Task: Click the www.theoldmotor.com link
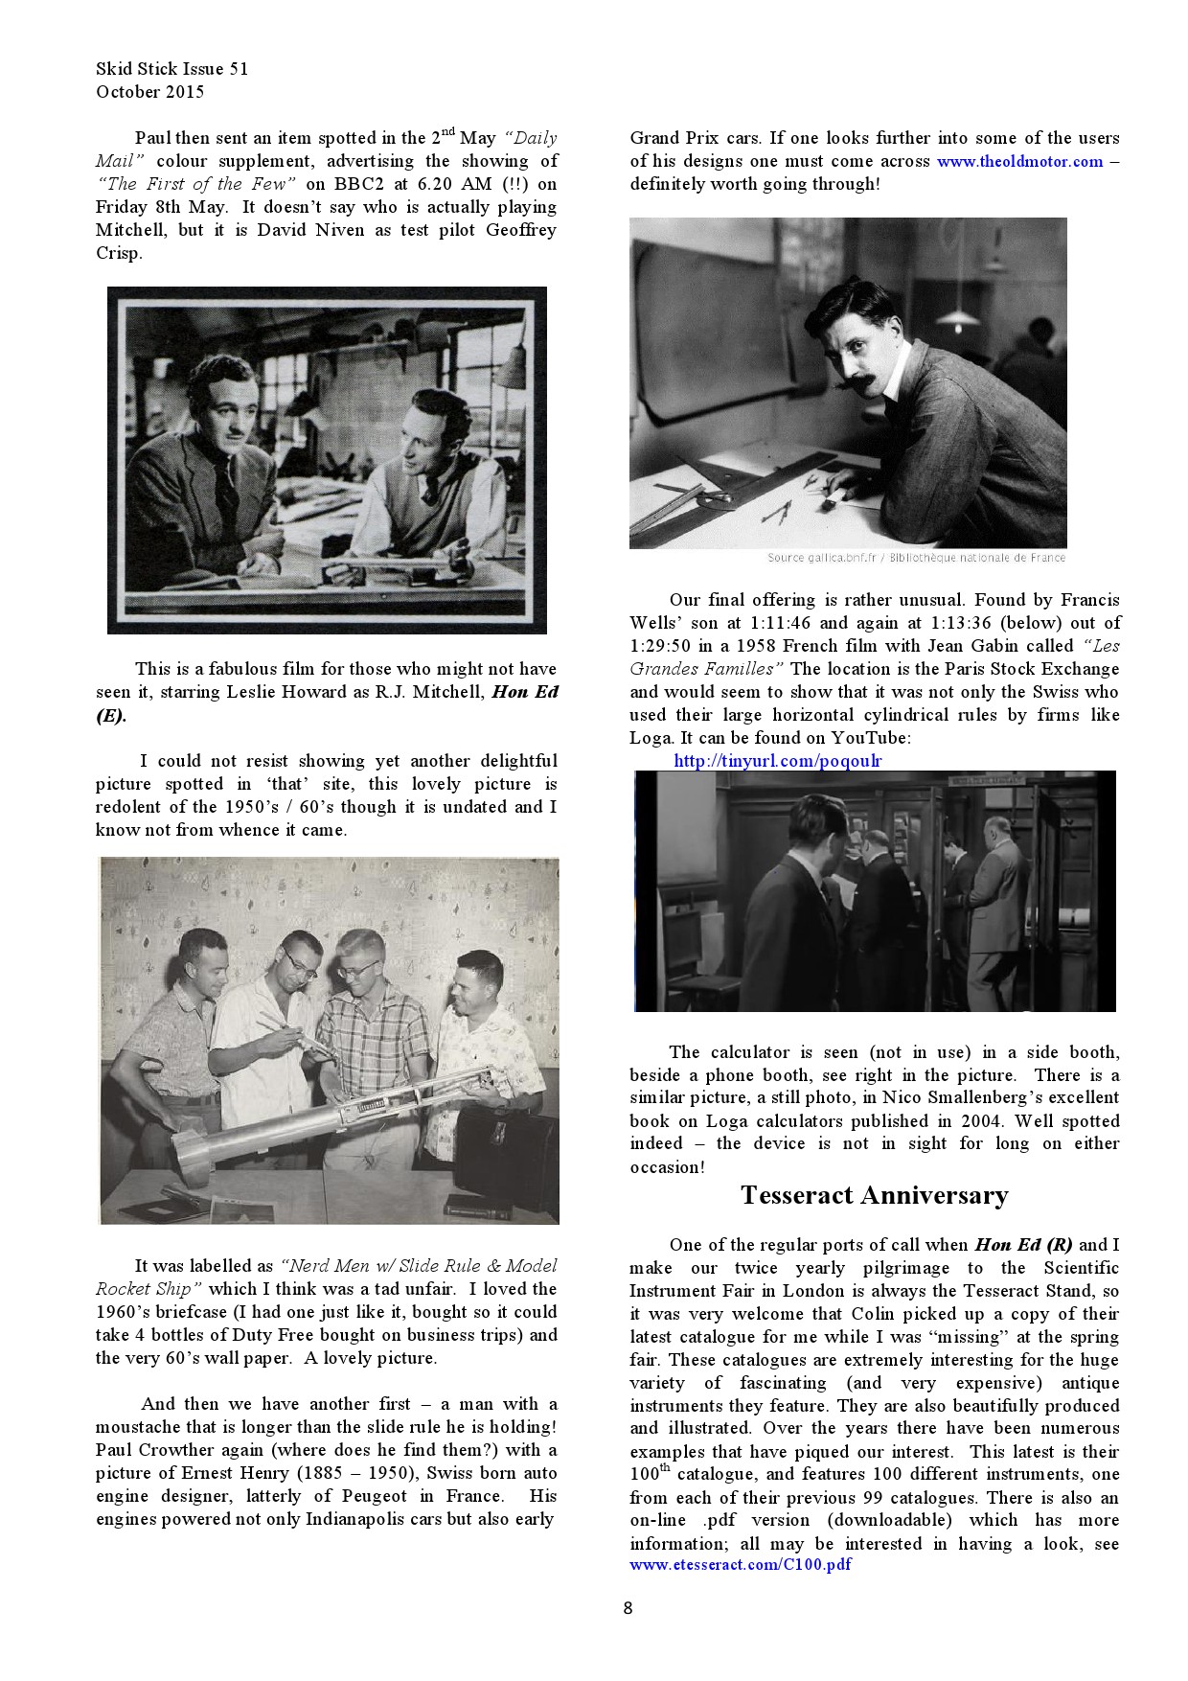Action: [x=1019, y=162]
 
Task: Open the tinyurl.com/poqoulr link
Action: [x=777, y=761]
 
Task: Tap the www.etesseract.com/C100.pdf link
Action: [x=740, y=1565]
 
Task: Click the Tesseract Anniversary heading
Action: [x=874, y=1195]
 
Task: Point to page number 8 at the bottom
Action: [x=628, y=1608]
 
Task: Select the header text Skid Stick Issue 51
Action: [x=172, y=69]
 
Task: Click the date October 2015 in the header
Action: [x=149, y=92]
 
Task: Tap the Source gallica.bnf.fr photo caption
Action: [x=915, y=558]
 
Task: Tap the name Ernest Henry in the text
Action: [x=263, y=1473]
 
